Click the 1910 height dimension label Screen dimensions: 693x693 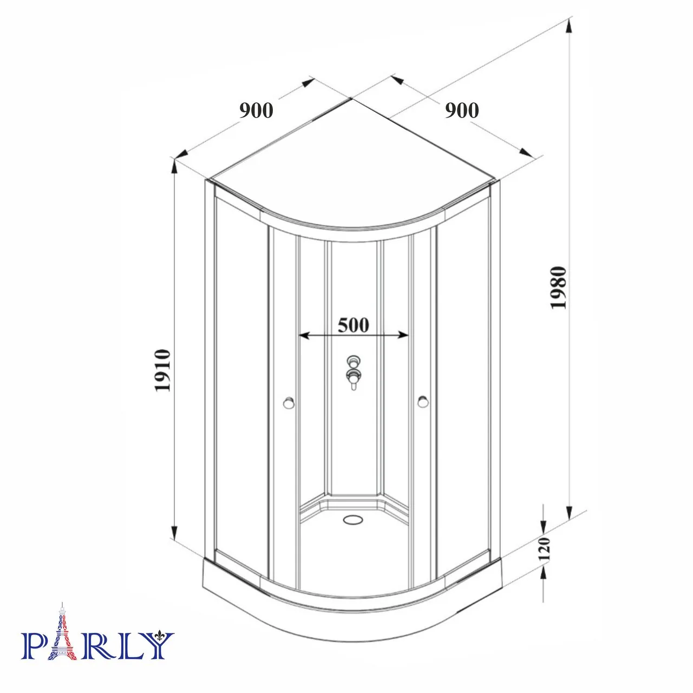[164, 371]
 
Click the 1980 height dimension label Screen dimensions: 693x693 [558, 287]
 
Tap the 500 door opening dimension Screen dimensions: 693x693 [353, 325]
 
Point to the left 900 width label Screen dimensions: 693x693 [256, 110]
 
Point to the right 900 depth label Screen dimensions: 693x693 [462, 110]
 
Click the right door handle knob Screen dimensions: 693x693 [423, 402]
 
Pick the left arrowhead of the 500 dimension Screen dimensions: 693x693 [304, 336]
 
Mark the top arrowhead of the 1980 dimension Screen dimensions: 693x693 [569, 25]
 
